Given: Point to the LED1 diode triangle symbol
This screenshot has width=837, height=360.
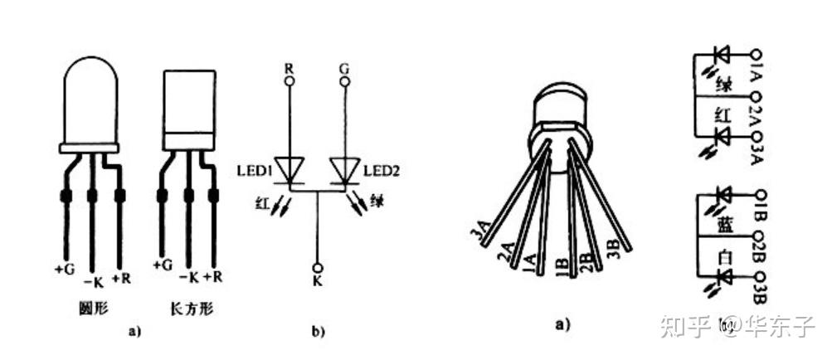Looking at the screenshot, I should pos(290,169).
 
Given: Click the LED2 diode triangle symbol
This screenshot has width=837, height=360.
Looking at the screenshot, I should pos(345,169).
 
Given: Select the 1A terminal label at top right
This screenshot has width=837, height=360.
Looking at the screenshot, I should pos(757,65).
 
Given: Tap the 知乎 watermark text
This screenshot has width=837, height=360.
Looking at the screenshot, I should pos(684,326).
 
